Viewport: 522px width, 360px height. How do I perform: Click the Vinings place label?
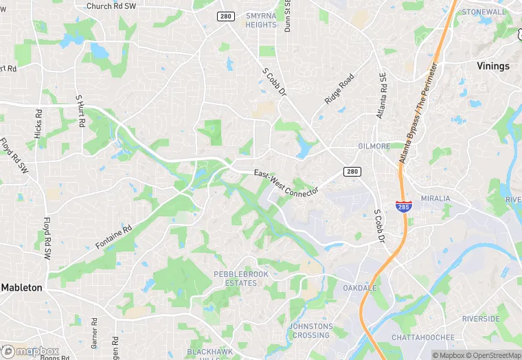(x=493, y=66)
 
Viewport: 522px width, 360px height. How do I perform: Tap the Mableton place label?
(x=21, y=287)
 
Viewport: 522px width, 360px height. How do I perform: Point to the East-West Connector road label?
(x=286, y=183)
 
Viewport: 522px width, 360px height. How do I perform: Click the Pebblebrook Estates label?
(x=235, y=278)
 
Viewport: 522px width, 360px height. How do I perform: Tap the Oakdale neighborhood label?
(x=360, y=288)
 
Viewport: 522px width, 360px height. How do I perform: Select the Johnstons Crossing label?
(x=311, y=330)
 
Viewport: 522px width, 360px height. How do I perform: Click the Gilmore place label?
(x=374, y=146)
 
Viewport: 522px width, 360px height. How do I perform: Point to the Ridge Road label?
(x=340, y=89)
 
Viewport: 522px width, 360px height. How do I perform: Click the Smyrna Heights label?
(x=261, y=20)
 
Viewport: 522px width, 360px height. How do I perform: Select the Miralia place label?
(x=435, y=198)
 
